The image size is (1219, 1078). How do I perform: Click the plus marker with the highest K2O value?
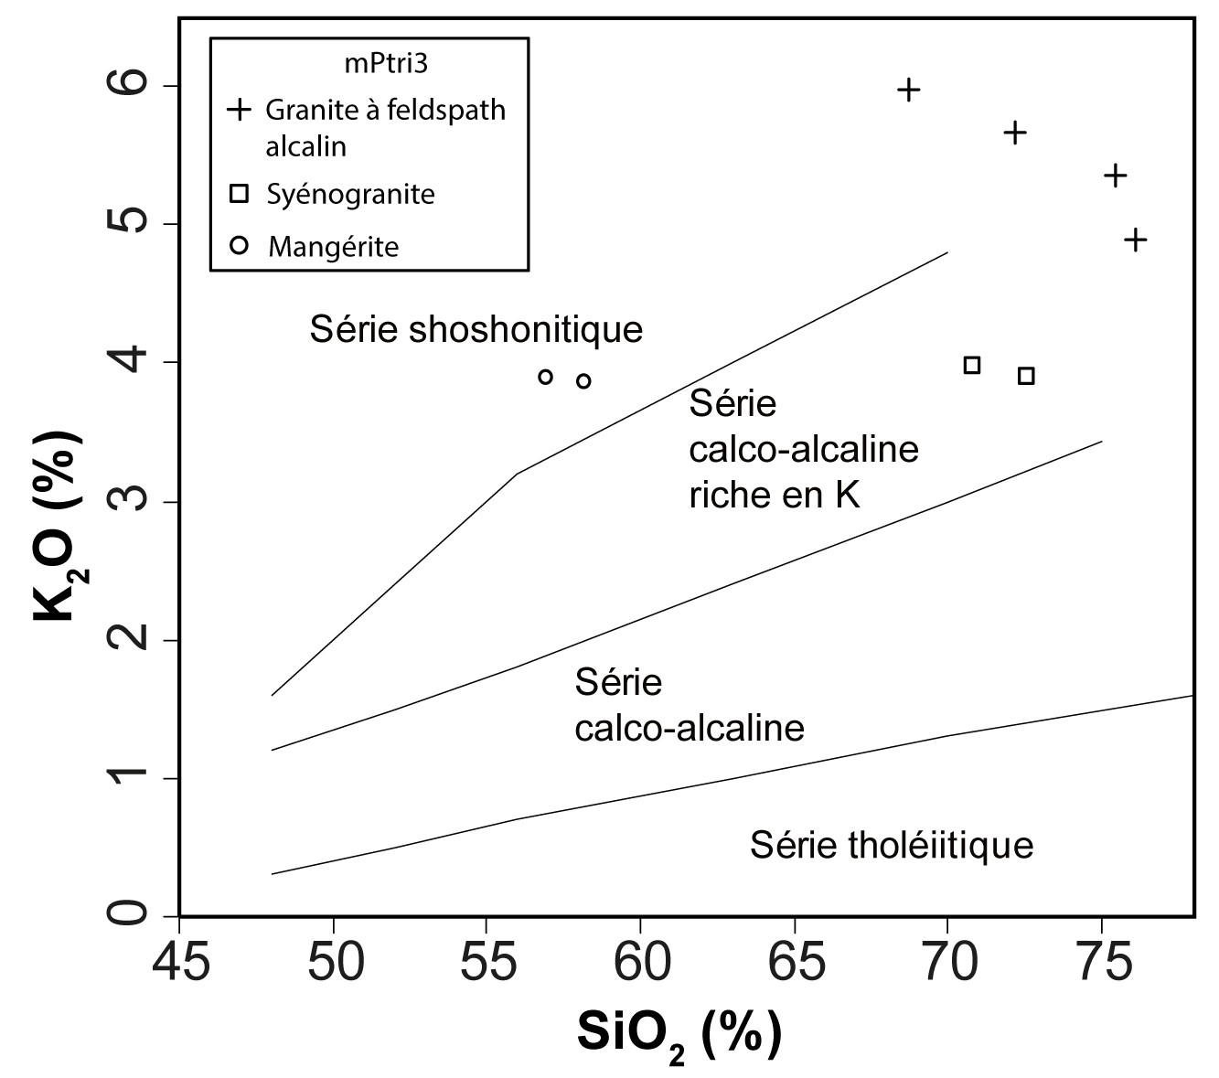point(908,90)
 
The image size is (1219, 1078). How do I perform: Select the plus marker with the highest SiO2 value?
point(1135,240)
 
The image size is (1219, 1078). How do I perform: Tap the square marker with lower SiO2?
point(972,366)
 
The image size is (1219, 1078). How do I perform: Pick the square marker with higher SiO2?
point(1026,376)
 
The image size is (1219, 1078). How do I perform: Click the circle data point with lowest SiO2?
point(546,377)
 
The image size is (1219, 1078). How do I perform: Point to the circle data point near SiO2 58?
point(583,381)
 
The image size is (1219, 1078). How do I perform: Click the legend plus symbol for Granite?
point(240,110)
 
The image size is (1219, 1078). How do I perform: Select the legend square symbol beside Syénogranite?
point(240,194)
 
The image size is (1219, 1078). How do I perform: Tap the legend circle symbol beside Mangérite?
point(240,245)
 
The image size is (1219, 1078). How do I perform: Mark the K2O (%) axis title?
point(58,526)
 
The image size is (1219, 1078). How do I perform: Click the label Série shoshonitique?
point(476,329)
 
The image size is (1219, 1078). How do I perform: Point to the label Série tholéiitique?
point(892,845)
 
